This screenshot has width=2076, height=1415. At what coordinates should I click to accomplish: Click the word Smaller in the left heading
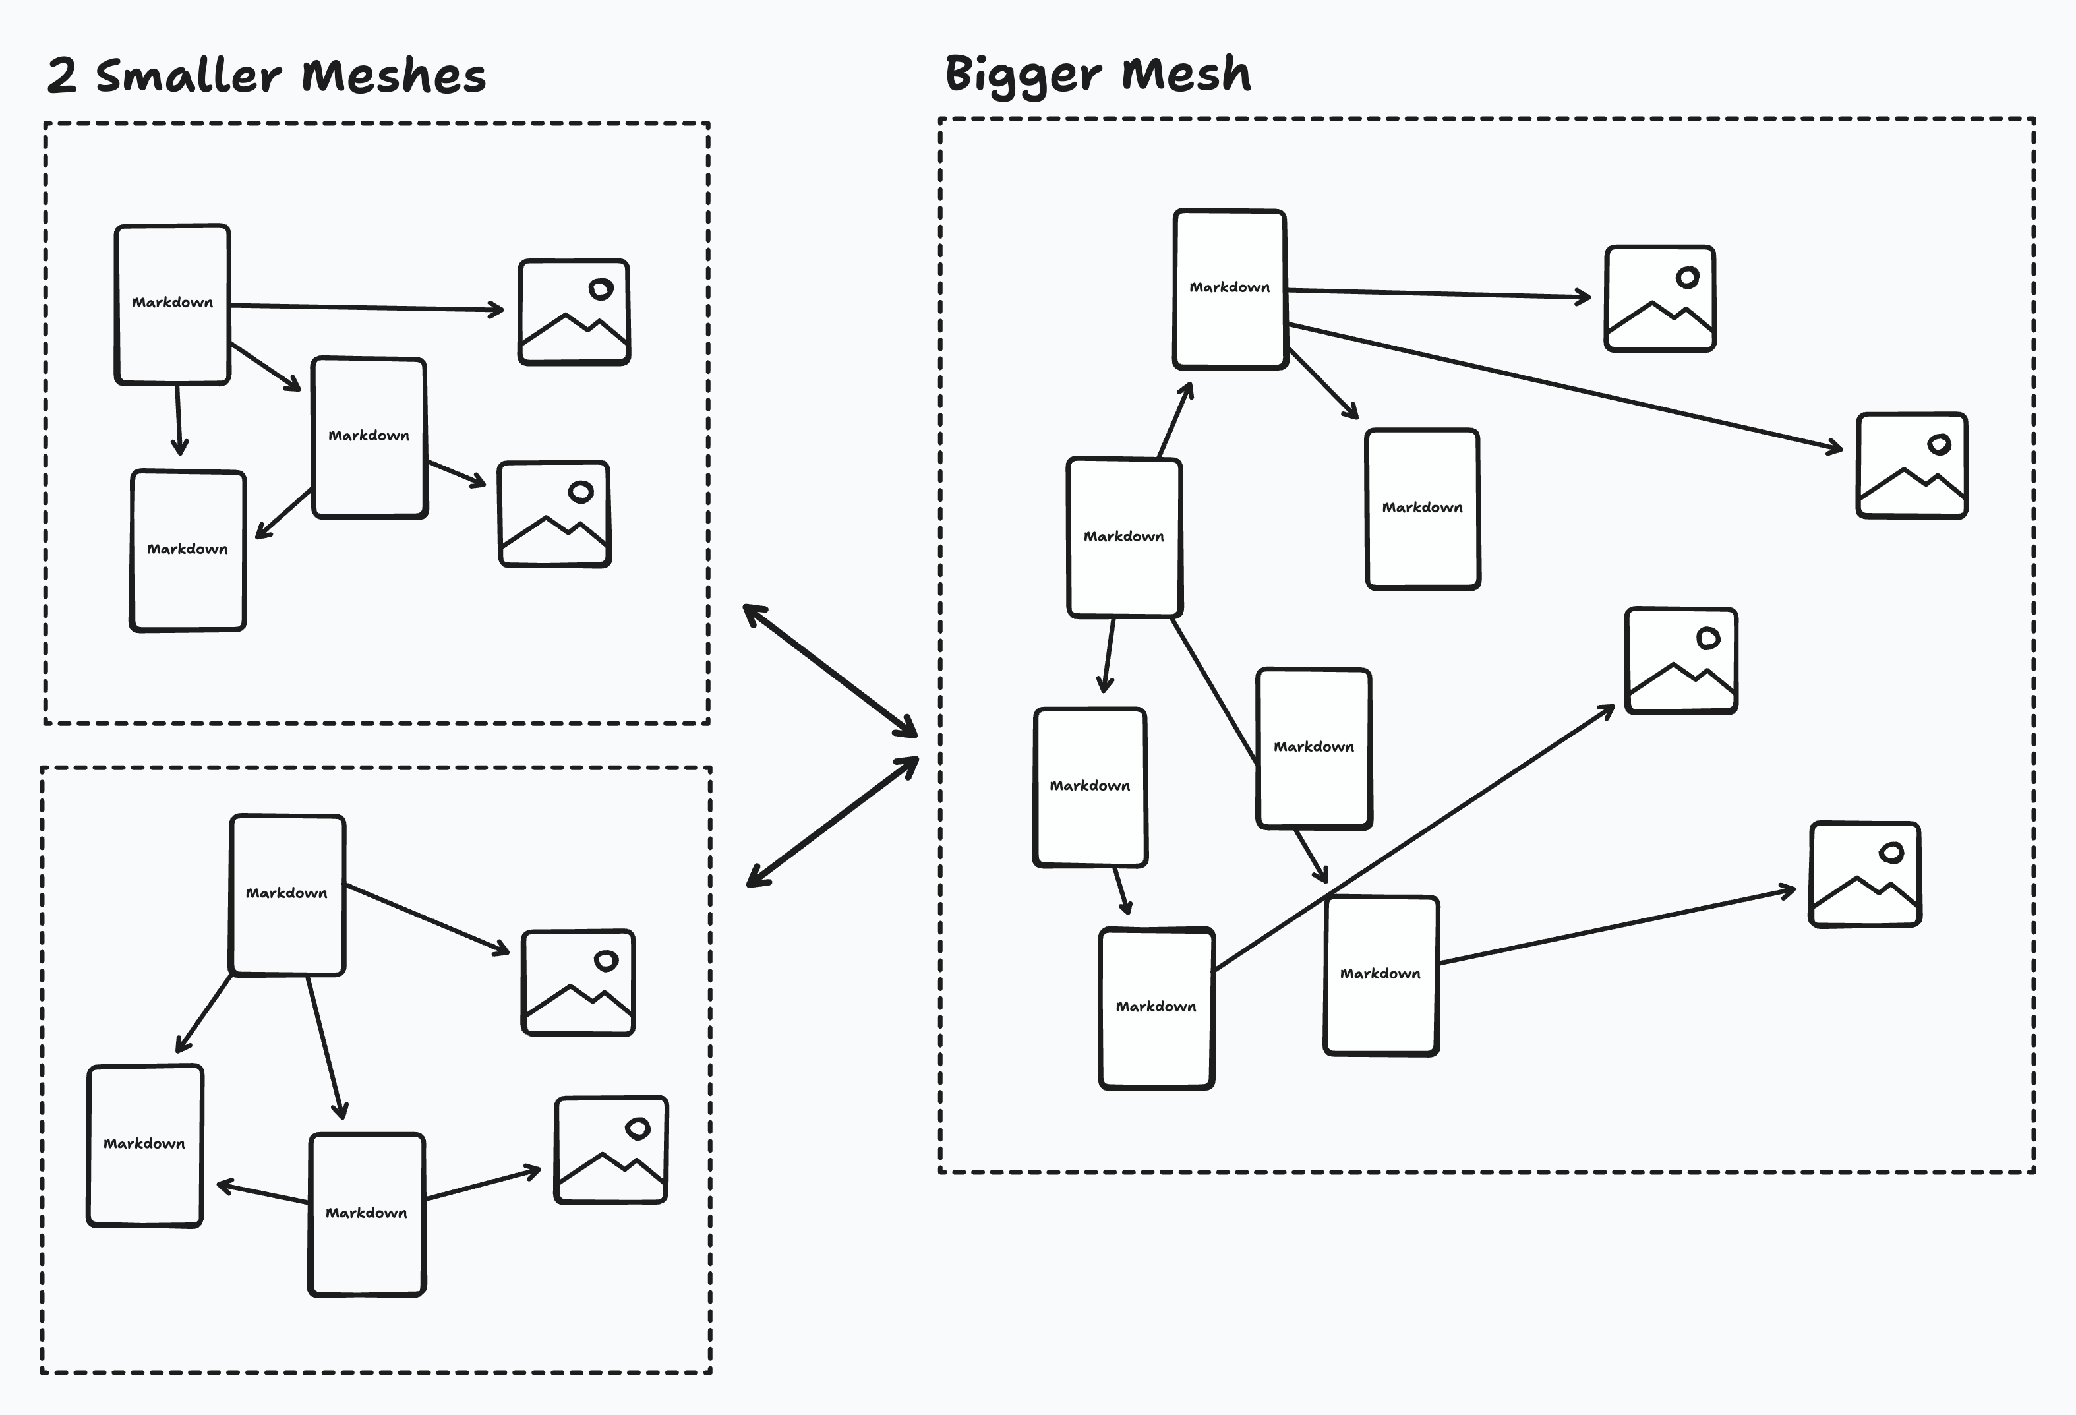tap(189, 75)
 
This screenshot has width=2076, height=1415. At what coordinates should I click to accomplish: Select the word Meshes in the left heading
tap(393, 75)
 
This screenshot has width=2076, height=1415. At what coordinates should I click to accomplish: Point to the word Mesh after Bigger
tap(1185, 73)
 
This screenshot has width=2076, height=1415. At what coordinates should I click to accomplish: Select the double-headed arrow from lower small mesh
tap(833, 822)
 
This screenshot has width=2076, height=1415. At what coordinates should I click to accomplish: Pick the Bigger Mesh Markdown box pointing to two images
tap(1230, 287)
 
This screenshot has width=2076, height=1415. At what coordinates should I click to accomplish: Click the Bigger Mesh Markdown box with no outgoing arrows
tap(1422, 508)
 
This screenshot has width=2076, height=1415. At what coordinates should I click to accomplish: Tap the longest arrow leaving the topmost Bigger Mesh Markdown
tap(1563, 388)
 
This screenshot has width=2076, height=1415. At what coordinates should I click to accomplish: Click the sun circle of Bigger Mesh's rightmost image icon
tap(1938, 444)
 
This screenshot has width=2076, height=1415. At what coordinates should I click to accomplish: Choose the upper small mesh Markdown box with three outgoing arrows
tap(173, 304)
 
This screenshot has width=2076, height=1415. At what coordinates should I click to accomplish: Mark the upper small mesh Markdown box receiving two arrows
tap(188, 549)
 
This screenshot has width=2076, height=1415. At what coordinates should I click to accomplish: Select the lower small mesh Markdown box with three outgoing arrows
tap(287, 893)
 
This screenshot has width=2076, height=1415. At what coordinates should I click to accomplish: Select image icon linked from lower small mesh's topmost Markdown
tap(578, 982)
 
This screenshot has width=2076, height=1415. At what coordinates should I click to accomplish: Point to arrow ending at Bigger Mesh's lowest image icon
tap(1617, 927)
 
